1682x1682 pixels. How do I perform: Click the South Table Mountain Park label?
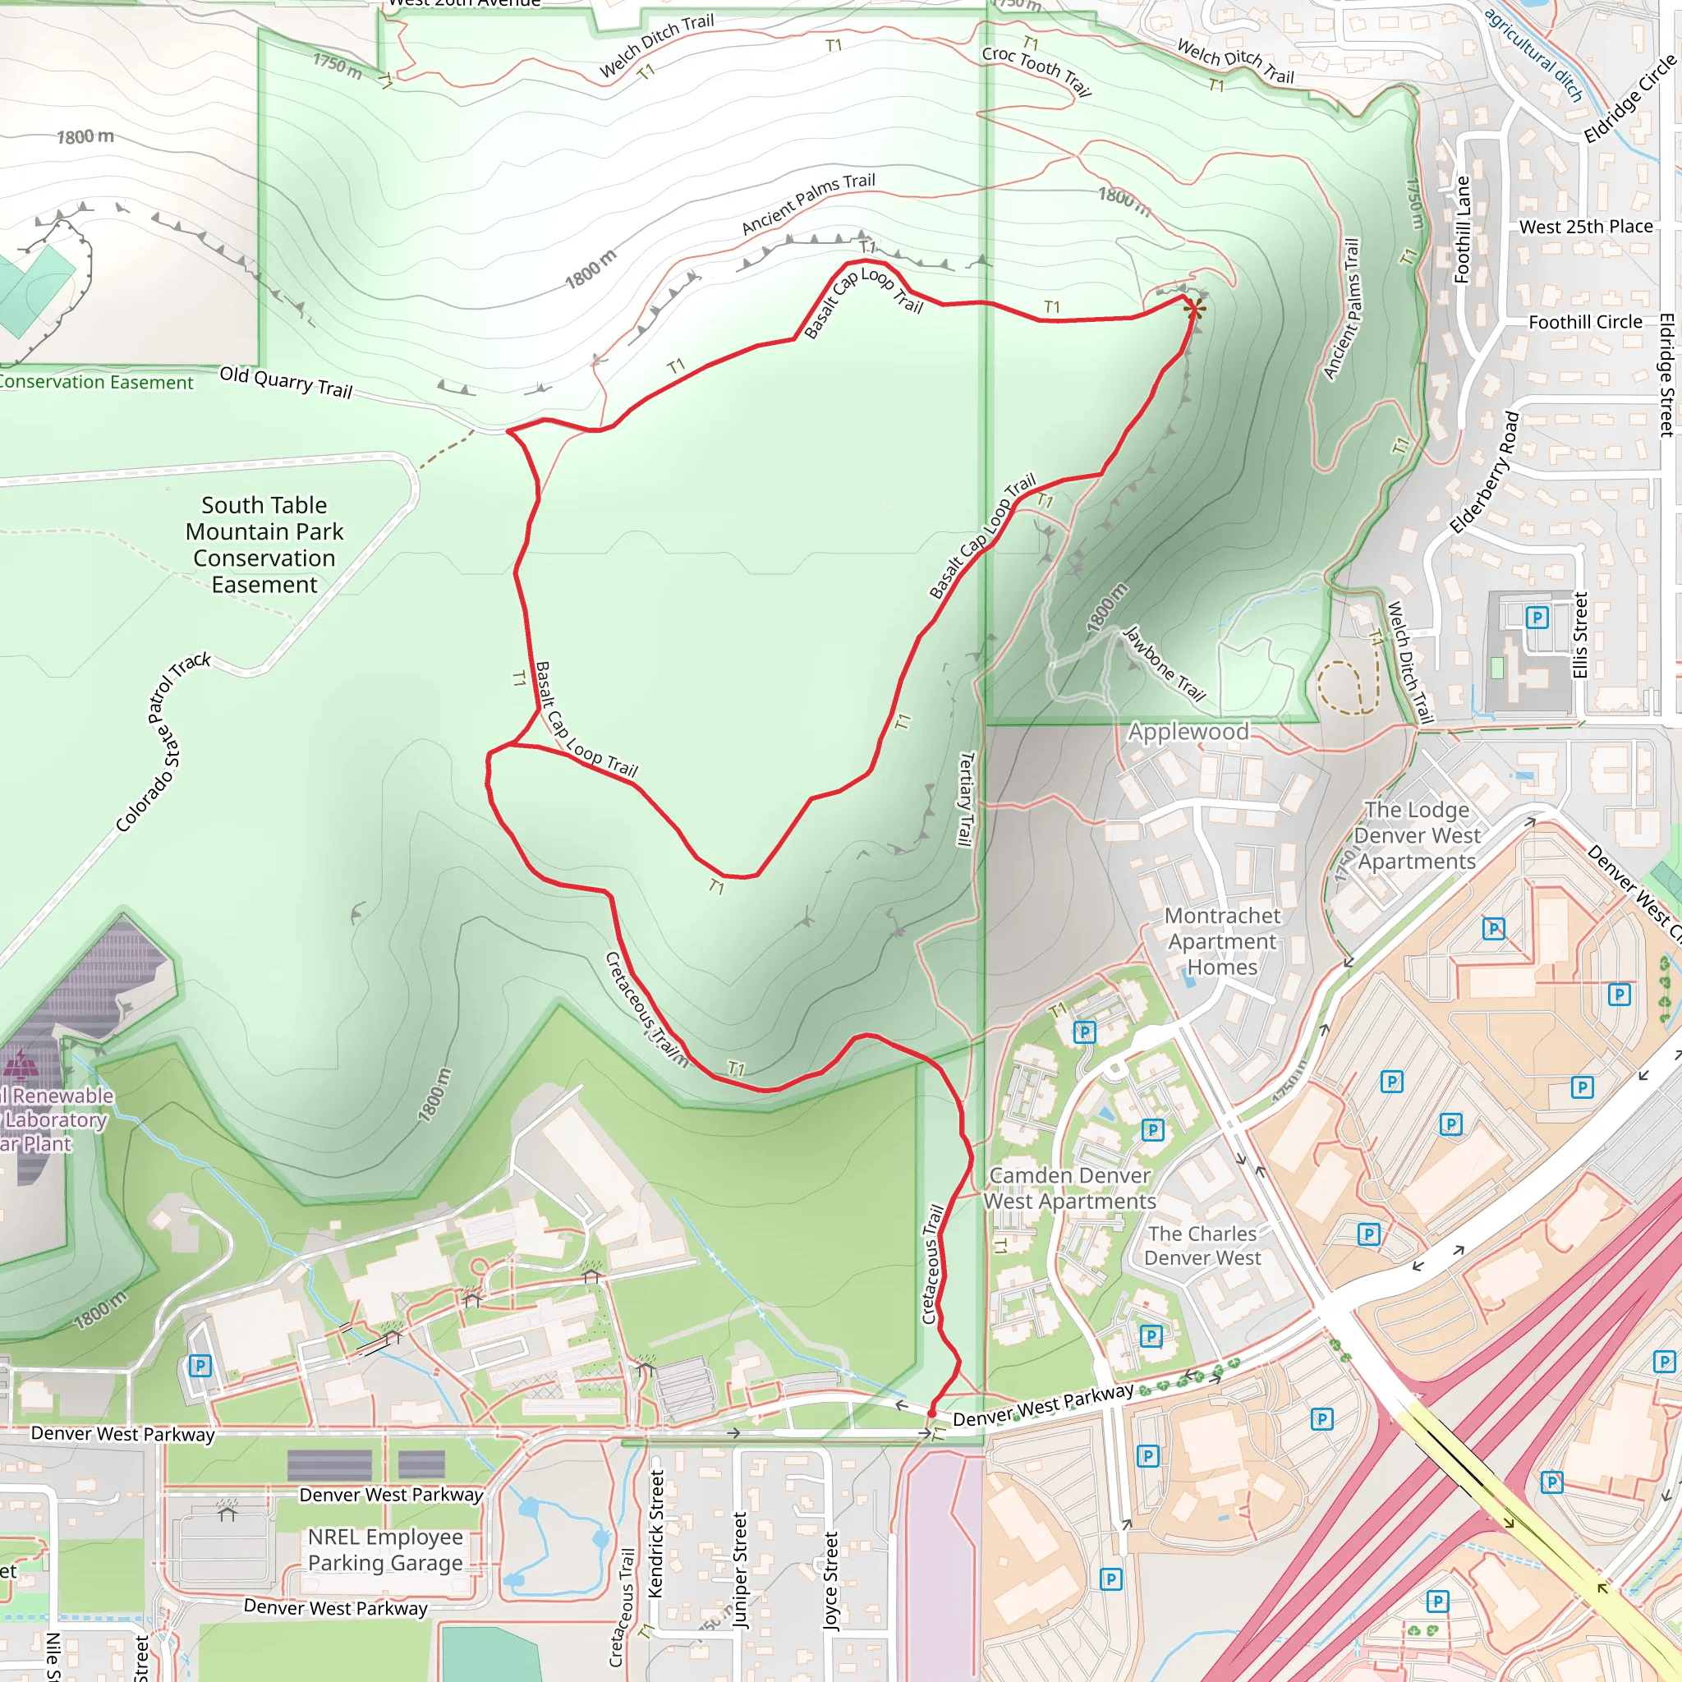[x=264, y=545]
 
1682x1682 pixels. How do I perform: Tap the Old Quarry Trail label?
[x=286, y=381]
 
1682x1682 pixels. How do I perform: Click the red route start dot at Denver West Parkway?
[x=931, y=1413]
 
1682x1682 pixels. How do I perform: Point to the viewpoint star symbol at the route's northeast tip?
[x=1195, y=308]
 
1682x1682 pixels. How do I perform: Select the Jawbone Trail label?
[x=1164, y=664]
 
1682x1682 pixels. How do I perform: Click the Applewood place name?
[x=1188, y=731]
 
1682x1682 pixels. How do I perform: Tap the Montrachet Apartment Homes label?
[x=1222, y=941]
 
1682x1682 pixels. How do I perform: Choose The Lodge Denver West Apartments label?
[x=1417, y=835]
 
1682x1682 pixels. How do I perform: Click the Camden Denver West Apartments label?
[x=1070, y=1188]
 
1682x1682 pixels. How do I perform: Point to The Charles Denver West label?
[x=1202, y=1245]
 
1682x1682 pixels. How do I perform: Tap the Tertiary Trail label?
[x=965, y=798]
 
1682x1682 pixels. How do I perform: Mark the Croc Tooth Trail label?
[x=1036, y=71]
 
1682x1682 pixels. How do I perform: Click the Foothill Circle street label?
[x=1584, y=322]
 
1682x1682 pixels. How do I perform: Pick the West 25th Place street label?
[x=1585, y=227]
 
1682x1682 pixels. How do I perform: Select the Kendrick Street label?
[x=656, y=1533]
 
